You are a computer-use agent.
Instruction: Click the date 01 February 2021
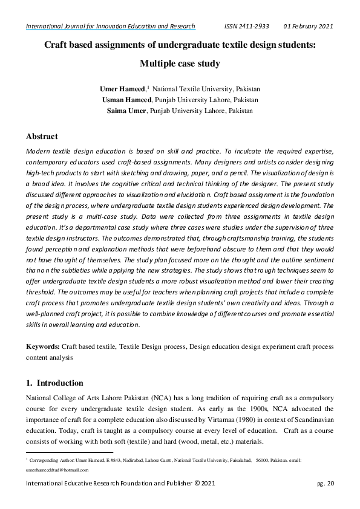pos(309,27)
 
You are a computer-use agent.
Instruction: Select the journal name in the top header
pos(110,27)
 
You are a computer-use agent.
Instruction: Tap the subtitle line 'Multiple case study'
pos(180,63)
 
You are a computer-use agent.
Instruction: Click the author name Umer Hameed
pos(123,89)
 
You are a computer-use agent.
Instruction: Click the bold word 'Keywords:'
pos(42,346)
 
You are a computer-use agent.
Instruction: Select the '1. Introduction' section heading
pos(54,383)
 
